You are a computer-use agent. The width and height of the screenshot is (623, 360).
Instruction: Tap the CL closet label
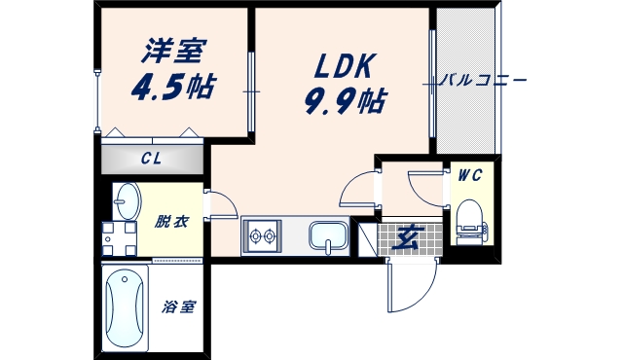coord(151,159)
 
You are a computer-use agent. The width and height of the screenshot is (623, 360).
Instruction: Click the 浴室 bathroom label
coord(178,308)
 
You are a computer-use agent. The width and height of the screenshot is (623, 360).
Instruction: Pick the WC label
coord(470,176)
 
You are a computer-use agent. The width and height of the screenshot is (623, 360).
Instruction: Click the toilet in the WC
coord(470,220)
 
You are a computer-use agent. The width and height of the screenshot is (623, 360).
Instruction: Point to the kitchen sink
coord(327,236)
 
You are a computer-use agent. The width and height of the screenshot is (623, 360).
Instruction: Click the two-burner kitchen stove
coord(262,234)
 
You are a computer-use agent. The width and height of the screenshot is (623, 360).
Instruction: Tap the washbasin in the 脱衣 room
coord(127,202)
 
